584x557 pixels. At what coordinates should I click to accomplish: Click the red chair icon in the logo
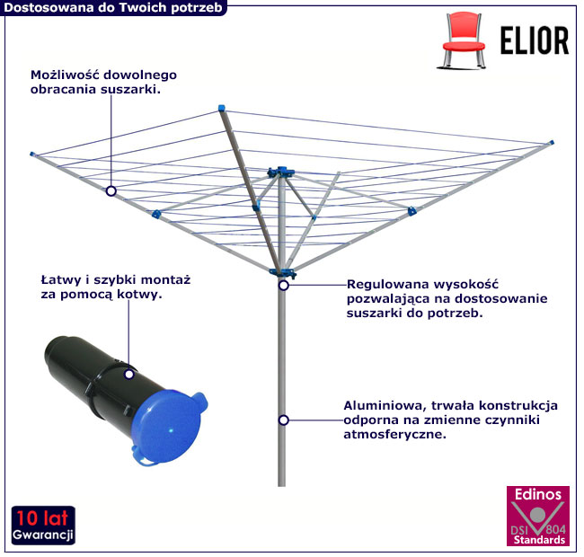pos(463,40)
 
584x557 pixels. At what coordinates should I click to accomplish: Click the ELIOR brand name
pos(534,40)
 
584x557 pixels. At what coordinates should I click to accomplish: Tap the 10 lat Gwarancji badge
pos(43,525)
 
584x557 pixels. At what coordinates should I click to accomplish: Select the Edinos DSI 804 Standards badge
pos(538,516)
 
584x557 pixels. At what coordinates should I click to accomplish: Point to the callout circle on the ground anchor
pos(129,375)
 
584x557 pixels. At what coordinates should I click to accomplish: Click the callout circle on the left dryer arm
pos(111,191)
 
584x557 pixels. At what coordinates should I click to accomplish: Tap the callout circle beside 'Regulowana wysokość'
pos(284,286)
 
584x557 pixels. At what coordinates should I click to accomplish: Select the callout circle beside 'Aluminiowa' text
pos(284,420)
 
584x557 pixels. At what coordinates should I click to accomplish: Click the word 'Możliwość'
pos(65,75)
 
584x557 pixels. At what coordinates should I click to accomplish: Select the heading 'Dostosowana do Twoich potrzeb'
pos(113,8)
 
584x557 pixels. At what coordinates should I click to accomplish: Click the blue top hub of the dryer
pos(281,172)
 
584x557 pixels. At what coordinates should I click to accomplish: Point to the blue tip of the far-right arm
pos(552,143)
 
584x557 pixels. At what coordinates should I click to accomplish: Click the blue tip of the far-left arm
pos(32,154)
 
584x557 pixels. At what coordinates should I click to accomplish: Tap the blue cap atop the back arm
pos(222,109)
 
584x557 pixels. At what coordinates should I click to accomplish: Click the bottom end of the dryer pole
pos(281,485)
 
